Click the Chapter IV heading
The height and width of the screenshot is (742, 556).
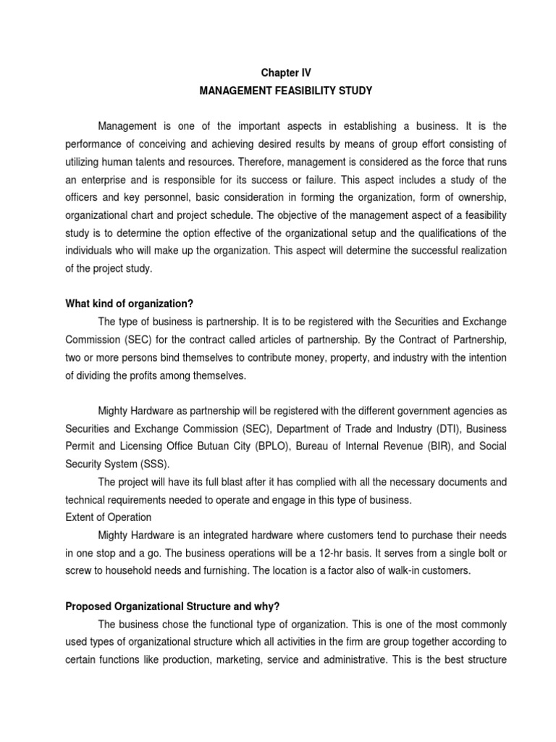pyautogui.click(x=278, y=73)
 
